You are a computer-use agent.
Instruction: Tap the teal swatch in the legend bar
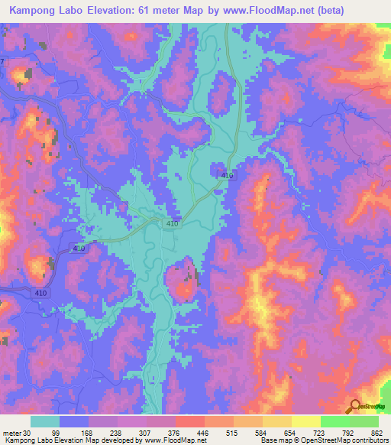[x=45, y=421]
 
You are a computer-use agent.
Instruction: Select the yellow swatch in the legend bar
[x=306, y=421]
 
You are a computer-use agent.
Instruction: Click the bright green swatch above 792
[x=335, y=421]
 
